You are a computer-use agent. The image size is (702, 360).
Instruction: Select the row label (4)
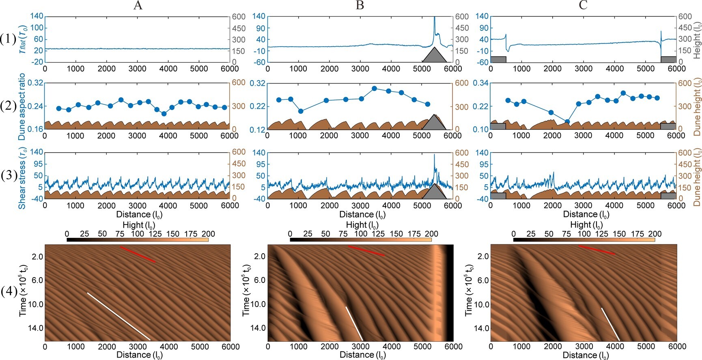(x=9, y=292)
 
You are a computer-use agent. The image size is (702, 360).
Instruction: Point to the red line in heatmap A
(x=138, y=254)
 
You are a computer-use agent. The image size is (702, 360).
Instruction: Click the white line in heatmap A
(x=118, y=316)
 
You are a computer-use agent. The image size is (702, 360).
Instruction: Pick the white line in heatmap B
(x=354, y=323)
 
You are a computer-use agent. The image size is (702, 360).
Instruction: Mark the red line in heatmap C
(x=596, y=250)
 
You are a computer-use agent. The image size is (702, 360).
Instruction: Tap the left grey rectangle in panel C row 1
(x=498, y=59)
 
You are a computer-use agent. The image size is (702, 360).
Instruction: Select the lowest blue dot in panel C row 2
(x=567, y=121)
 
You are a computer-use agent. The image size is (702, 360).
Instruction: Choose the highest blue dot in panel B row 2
(x=374, y=88)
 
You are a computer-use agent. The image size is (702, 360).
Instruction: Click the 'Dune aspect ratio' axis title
(x=22, y=106)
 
